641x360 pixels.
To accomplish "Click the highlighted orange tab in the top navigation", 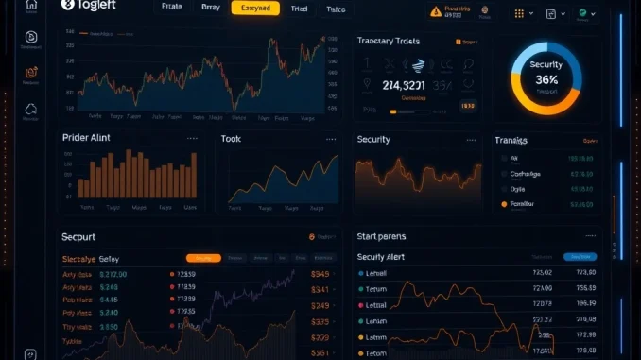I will [254, 9].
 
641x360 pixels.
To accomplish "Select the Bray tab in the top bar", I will [210, 9].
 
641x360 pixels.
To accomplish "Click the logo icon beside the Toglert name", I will [67, 6].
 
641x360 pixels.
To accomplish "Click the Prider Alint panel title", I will [86, 138].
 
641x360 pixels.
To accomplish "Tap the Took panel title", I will [231, 139].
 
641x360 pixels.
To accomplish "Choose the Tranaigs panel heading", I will [511, 140].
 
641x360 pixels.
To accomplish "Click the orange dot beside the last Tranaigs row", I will [503, 204].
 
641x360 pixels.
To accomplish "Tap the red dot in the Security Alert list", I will [360, 305].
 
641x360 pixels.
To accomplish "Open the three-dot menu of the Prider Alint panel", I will [192, 138].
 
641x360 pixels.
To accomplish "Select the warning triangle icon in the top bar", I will [435, 12].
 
